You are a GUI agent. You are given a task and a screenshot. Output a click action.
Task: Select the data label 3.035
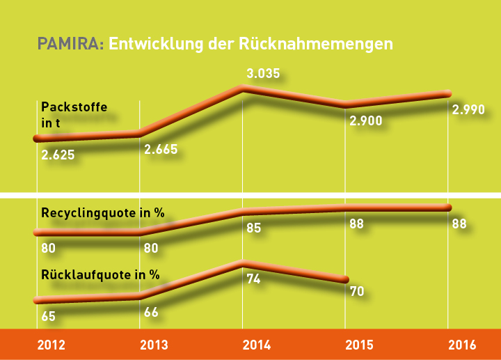263,73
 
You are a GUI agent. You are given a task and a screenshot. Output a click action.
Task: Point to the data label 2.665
161,149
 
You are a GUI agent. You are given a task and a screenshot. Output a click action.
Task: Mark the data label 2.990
468,110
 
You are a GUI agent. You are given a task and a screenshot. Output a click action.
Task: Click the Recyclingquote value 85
253,228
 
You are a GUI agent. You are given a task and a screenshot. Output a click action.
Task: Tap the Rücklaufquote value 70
358,291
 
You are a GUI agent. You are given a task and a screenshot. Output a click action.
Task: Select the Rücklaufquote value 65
49,316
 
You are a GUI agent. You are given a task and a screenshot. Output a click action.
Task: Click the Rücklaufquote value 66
151,311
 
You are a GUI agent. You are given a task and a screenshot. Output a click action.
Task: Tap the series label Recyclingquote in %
103,212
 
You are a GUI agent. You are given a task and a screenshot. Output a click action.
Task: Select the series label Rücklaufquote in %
101,274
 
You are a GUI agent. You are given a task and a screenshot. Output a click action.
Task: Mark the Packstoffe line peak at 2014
242,88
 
